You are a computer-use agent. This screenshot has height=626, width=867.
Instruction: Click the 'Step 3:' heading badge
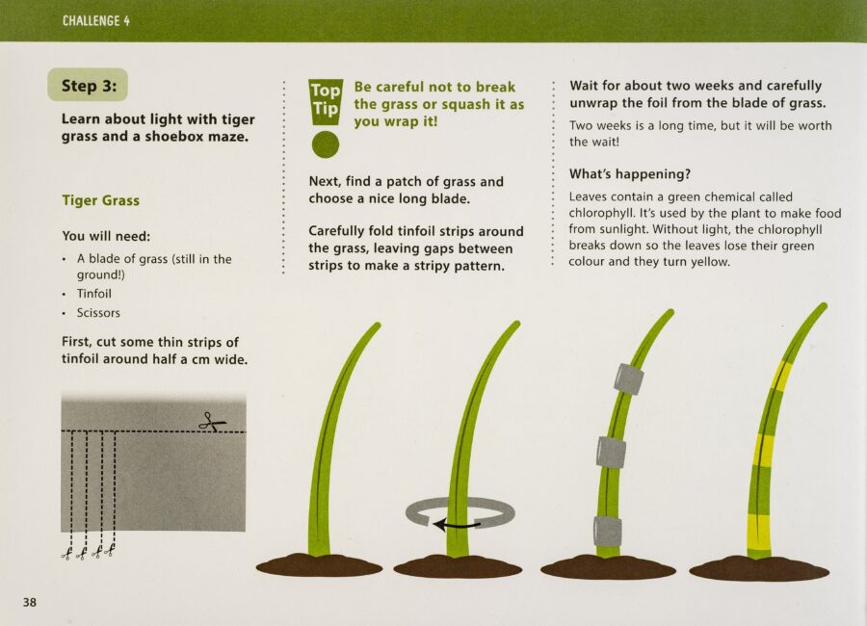(88, 85)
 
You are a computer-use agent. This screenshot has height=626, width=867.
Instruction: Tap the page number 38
(30, 602)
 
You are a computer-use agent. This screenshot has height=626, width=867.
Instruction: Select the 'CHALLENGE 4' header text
(96, 21)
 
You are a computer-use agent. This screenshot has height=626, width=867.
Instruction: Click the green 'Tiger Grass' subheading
(100, 200)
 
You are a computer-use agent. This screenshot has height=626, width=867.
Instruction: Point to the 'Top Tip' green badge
(326, 101)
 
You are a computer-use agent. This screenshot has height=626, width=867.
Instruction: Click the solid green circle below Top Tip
(326, 144)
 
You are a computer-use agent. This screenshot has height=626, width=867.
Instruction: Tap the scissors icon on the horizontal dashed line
(212, 423)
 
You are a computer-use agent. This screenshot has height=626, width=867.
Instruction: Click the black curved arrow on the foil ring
(457, 524)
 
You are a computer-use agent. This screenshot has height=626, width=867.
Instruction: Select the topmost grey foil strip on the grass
(629, 378)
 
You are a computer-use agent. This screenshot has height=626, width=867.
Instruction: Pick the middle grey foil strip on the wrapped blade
(611, 452)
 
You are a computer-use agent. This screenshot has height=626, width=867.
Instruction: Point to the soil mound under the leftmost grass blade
(319, 565)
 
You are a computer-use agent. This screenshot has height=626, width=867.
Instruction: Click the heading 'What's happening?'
(630, 174)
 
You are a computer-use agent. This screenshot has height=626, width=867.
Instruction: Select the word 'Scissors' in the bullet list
(98, 313)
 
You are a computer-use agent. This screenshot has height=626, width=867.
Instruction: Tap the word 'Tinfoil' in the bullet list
(94, 294)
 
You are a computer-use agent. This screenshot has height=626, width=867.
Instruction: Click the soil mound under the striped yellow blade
(759, 568)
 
